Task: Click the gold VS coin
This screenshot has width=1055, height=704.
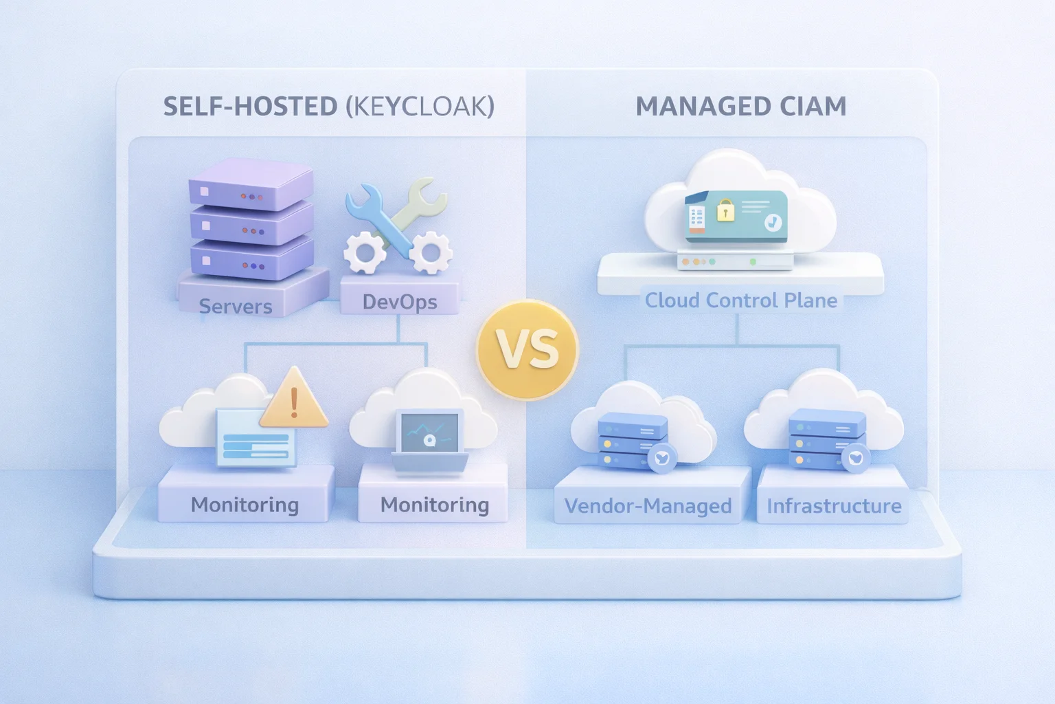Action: [527, 349]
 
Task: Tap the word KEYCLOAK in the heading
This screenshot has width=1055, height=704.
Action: [420, 107]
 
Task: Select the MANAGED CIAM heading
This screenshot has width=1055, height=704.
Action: [740, 107]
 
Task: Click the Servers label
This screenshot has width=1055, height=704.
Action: [236, 306]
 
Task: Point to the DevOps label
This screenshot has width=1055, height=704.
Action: [400, 302]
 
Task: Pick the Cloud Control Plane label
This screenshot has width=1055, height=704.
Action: [740, 300]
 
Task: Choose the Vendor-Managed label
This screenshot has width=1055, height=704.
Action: [648, 506]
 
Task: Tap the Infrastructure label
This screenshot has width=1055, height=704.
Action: [834, 506]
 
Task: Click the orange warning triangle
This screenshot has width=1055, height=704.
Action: [294, 399]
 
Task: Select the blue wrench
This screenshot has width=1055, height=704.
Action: [374, 213]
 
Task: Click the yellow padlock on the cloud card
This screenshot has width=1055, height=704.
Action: [725, 210]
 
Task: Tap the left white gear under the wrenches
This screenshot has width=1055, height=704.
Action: [365, 252]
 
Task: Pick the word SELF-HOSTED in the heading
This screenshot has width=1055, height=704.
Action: [251, 107]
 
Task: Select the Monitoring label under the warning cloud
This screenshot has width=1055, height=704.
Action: [245, 505]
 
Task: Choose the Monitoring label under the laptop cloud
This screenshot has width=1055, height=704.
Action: [435, 505]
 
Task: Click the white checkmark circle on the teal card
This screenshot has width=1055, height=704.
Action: [773, 222]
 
